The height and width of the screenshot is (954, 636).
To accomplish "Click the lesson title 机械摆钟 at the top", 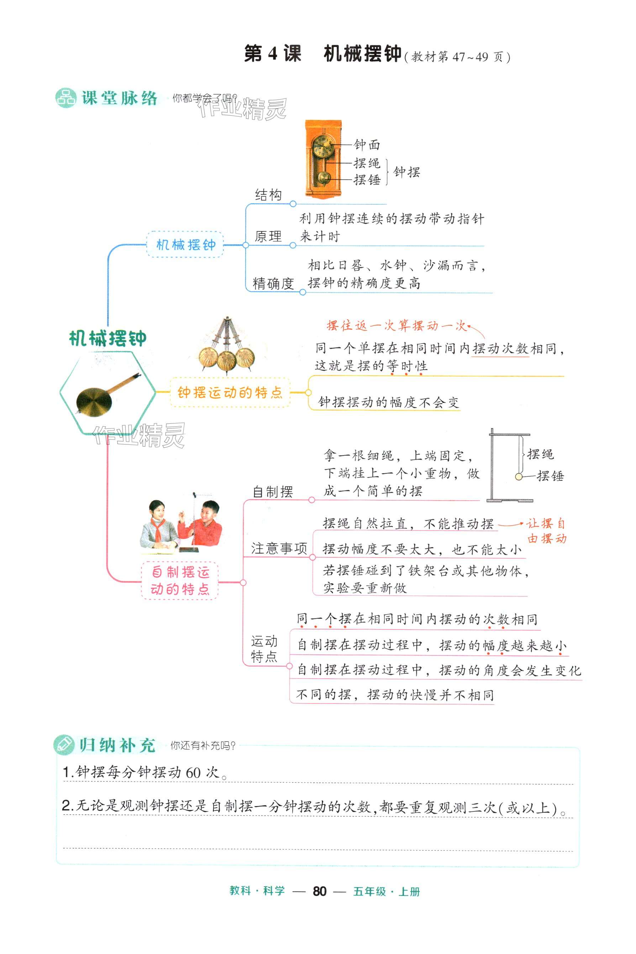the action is [x=362, y=54].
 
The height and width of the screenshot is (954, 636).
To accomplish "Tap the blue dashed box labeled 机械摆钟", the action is [x=185, y=244].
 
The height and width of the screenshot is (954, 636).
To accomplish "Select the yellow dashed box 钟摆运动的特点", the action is [x=230, y=392].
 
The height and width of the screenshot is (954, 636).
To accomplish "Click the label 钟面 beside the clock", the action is [x=367, y=144].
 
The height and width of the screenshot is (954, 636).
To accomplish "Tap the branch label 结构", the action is [x=268, y=195].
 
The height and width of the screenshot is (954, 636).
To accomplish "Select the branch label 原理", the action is [x=268, y=236].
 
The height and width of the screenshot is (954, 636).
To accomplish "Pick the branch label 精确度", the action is [x=273, y=283].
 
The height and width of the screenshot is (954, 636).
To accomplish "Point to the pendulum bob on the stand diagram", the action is [x=518, y=477].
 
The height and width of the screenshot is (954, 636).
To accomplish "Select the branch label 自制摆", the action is [x=273, y=492].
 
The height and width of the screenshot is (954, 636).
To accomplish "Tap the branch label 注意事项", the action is [x=279, y=548].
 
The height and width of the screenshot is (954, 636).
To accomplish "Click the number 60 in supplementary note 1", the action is [x=193, y=772].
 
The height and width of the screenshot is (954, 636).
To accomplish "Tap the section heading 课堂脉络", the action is [x=119, y=98].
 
